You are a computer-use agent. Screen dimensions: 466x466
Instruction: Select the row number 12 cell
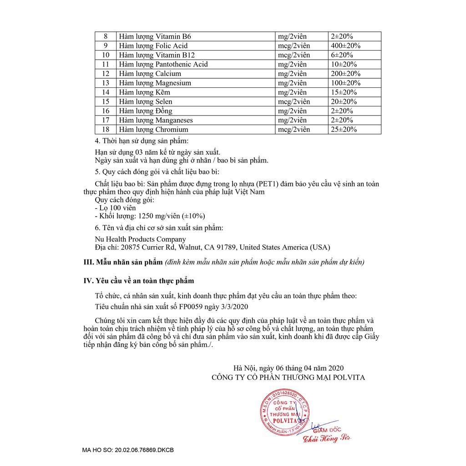(x=106, y=74)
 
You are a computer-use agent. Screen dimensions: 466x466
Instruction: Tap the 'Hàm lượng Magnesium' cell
(x=155, y=83)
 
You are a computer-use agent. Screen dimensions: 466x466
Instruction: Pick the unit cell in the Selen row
(x=294, y=101)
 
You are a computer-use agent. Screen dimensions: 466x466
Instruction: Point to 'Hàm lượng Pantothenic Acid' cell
(x=163, y=64)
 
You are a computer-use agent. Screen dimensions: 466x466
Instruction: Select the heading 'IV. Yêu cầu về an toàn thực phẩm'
(x=142, y=281)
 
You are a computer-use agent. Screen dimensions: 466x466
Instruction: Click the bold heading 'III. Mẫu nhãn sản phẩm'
(x=123, y=262)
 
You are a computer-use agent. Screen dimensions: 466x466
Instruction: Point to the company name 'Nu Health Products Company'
(x=140, y=239)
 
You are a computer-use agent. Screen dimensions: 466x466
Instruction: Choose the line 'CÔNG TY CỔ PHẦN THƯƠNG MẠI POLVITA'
(x=288, y=377)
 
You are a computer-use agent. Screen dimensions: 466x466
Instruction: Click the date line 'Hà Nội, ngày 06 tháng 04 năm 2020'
(x=289, y=368)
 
